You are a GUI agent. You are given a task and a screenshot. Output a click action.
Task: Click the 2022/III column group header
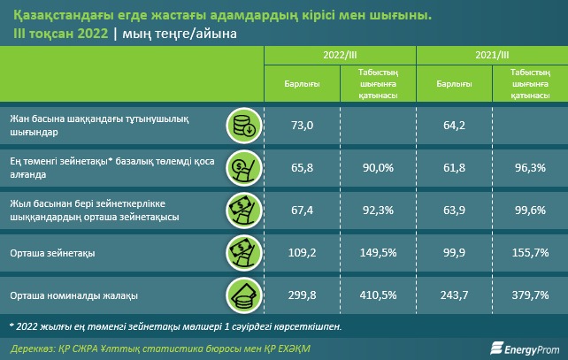pos(340,55)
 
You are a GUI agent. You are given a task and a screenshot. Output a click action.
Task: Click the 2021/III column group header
pos(492,55)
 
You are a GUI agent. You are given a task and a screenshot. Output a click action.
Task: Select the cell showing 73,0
pos(303,126)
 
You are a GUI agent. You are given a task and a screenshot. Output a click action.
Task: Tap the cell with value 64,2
pos(454,126)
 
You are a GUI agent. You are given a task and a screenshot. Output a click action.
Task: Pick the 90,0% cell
pos(378,166)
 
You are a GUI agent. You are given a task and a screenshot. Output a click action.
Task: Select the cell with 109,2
pos(303,252)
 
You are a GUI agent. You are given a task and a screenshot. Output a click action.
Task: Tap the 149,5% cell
pos(378,252)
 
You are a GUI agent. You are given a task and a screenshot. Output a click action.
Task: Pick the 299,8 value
pos(303,296)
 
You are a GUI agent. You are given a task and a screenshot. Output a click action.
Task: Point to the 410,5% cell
pos(378,296)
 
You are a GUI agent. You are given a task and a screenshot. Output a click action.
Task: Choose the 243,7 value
pos(454,296)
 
